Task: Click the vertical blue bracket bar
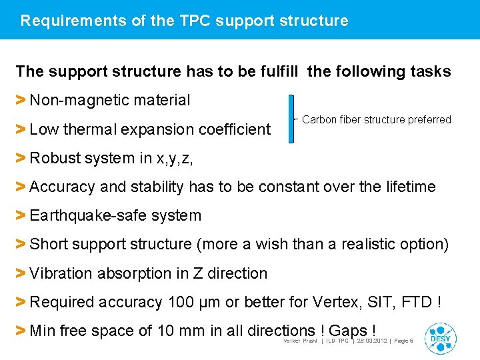(x=291, y=119)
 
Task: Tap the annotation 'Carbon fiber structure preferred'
(x=377, y=120)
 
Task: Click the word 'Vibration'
(x=61, y=273)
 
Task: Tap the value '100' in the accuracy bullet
(x=181, y=302)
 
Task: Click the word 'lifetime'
(x=411, y=187)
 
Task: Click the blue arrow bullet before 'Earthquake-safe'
(x=21, y=216)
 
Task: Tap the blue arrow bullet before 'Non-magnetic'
(x=21, y=101)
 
